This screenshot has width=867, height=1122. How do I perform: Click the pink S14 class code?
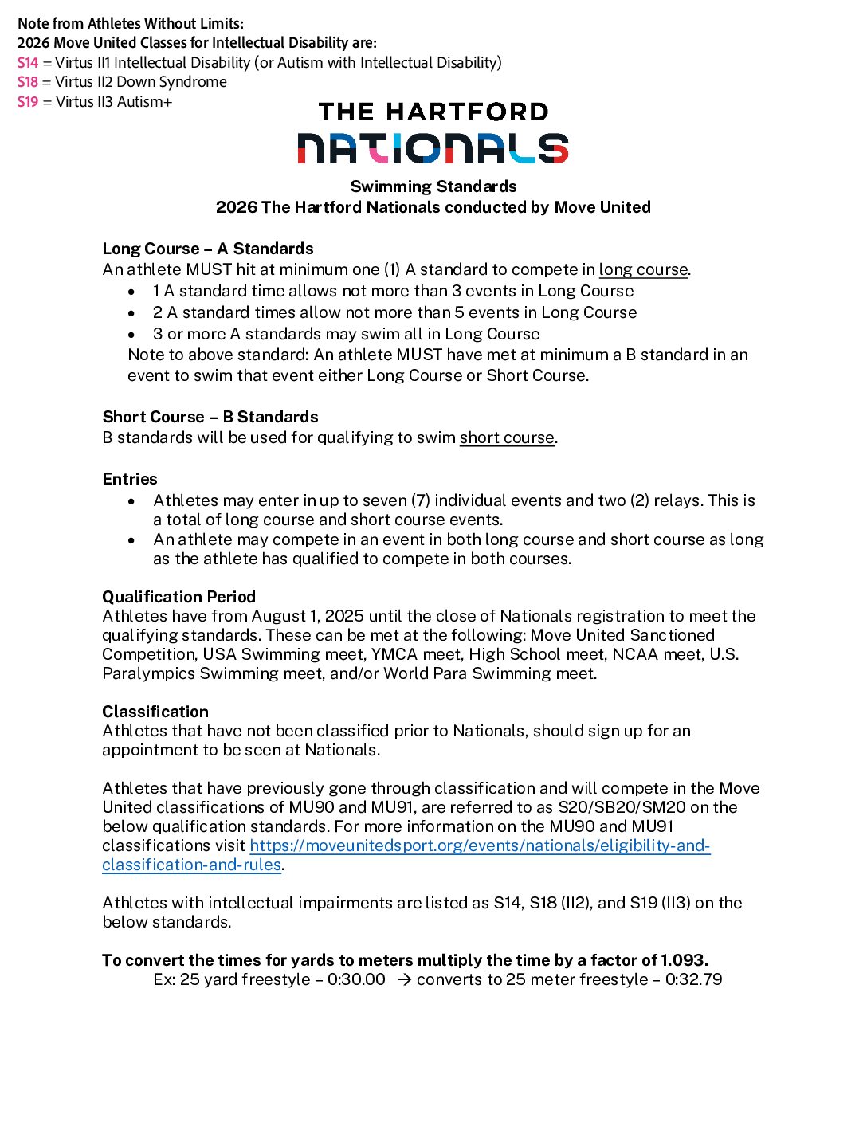tap(28, 63)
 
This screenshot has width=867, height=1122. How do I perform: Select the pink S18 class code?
tap(28, 82)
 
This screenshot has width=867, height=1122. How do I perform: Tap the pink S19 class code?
tap(28, 102)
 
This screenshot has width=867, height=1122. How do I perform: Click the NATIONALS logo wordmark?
tap(433, 148)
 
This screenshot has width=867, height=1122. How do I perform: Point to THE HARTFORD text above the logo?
tap(433, 112)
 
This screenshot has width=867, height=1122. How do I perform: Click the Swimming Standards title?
tap(433, 186)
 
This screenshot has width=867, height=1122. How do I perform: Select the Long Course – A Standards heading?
tap(208, 249)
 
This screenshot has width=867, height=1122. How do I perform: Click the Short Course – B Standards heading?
tap(210, 417)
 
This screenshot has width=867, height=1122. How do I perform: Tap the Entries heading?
tap(130, 479)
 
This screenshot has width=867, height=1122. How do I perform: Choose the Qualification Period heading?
tap(179, 597)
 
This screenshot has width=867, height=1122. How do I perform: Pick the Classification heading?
tap(155, 712)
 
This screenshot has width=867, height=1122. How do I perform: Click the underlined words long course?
tap(643, 270)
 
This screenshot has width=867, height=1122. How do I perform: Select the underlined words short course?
tap(507, 437)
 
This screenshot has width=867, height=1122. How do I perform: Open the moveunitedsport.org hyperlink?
tap(480, 846)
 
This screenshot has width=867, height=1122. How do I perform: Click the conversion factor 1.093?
tap(684, 960)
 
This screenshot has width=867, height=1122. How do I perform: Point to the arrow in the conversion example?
tap(404, 980)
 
